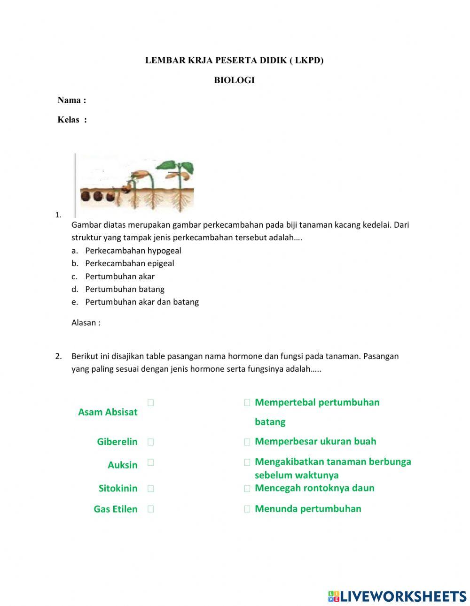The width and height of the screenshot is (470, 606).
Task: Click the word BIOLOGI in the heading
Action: [234, 80]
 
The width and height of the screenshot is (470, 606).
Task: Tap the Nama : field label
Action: [71, 100]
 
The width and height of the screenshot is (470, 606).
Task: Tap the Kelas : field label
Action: [72, 120]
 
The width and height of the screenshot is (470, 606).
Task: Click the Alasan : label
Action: [86, 322]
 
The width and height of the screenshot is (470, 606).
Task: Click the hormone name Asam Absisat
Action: [108, 412]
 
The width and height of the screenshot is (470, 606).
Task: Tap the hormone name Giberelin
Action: [117, 442]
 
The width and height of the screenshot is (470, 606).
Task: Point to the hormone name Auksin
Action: [122, 465]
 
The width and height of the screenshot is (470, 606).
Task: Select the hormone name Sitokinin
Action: [118, 488]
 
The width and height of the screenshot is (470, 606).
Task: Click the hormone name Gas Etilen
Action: [115, 509]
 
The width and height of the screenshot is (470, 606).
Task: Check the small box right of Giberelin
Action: [150, 442]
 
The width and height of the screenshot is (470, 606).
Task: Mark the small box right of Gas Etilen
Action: [150, 509]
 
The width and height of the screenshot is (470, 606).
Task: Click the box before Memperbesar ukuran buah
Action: [247, 442]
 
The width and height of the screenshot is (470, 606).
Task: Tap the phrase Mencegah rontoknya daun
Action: [314, 488]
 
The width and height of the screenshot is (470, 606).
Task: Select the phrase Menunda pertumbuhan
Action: [308, 508]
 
